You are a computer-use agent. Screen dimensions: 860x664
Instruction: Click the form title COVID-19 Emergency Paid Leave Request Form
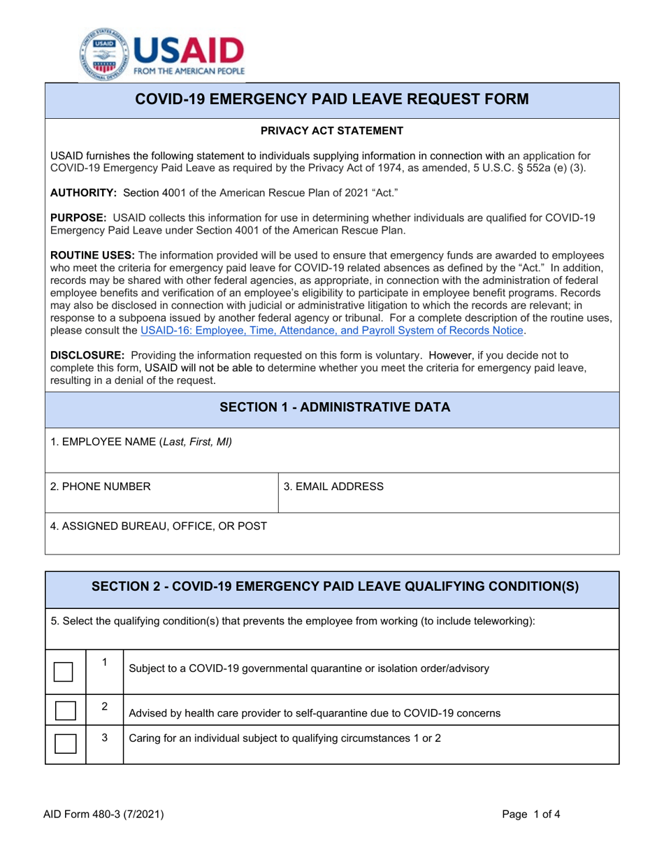tap(331, 100)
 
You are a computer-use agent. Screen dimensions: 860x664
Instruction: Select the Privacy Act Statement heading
tap(331, 131)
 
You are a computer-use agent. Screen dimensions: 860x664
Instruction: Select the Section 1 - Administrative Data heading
tap(331, 408)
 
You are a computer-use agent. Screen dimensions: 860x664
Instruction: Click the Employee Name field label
tap(140, 442)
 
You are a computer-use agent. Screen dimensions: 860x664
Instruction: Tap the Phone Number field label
tap(100, 487)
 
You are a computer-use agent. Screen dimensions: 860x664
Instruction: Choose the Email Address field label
tap(333, 487)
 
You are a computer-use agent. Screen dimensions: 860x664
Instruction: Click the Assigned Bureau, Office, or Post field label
tap(158, 526)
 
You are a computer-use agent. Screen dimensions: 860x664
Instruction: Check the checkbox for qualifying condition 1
tap(64, 672)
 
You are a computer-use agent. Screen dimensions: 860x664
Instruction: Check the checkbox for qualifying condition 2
tap(65, 711)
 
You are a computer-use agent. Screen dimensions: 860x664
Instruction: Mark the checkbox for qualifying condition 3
tap(65, 743)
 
